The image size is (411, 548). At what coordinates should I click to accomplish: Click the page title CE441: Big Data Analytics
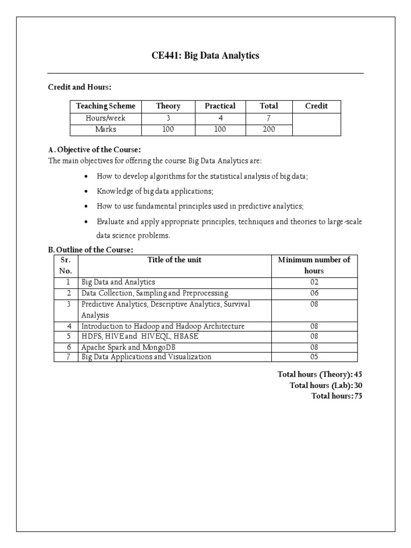[205, 56]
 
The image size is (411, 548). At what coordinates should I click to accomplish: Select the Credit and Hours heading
[80, 87]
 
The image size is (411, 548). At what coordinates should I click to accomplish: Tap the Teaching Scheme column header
[105, 106]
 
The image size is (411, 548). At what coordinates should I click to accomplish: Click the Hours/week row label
[105, 118]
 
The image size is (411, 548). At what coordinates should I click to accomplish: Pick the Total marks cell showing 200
[269, 130]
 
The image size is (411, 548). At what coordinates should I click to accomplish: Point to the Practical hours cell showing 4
[220, 118]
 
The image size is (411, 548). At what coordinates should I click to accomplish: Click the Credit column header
[316, 106]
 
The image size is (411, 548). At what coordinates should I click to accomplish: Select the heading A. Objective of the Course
[94, 150]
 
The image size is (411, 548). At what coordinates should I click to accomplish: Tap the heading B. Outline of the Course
[90, 250]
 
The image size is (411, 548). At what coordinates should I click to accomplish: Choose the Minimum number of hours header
[314, 265]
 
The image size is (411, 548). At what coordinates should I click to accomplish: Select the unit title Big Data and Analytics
[118, 282]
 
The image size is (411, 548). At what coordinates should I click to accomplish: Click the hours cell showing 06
[314, 293]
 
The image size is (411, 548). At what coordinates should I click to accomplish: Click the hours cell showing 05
[314, 357]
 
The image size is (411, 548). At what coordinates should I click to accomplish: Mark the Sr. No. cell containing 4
[68, 326]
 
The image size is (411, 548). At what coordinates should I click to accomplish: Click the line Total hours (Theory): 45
[320, 375]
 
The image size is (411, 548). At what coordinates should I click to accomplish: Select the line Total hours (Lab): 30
[325, 385]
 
